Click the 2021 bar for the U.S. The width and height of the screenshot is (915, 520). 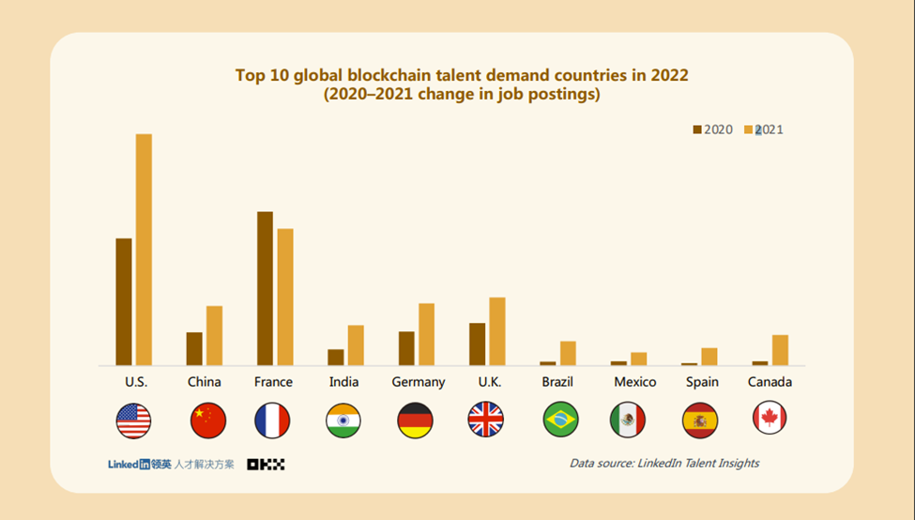[x=144, y=250]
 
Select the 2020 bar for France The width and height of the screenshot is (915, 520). [x=265, y=288]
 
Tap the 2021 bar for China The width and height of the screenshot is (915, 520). [x=214, y=335]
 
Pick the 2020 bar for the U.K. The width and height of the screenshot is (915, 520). [x=477, y=344]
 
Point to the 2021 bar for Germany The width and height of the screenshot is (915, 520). [x=426, y=334]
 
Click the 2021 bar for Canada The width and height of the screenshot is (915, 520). [x=780, y=349]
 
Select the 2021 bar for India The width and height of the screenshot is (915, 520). [x=355, y=344]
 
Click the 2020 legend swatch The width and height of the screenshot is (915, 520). [x=697, y=130]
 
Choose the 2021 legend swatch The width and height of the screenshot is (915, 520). [x=749, y=130]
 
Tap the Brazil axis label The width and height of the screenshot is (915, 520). [x=557, y=382]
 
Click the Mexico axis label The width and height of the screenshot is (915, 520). [x=635, y=382]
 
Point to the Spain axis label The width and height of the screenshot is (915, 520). [x=702, y=382]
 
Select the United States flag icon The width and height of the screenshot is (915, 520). [x=133, y=421]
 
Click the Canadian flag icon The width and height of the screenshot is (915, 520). [x=770, y=419]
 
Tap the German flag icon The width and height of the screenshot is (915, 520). [x=415, y=421]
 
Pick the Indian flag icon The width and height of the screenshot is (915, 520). [x=343, y=421]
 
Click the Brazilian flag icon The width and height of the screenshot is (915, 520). [x=560, y=420]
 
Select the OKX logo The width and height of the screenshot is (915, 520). [x=266, y=464]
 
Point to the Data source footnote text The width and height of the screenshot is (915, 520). [x=664, y=463]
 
